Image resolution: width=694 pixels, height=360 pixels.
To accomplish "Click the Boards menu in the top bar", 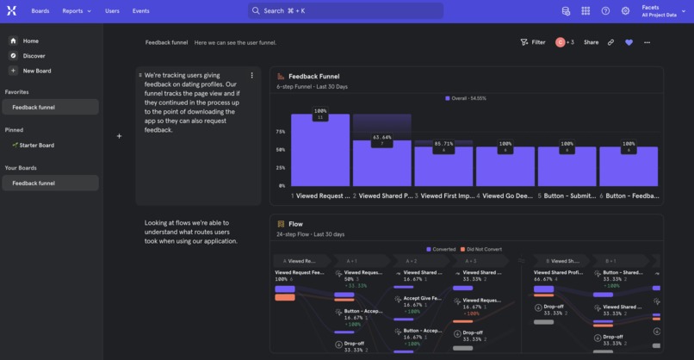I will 40,11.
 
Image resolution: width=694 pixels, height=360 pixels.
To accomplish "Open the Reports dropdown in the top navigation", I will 76,11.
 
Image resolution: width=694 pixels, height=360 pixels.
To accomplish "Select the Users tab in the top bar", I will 112,11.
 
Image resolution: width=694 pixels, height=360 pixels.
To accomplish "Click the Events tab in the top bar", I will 140,11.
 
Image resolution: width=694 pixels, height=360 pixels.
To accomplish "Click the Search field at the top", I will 345,11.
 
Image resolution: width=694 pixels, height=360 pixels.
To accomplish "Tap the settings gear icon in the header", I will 626,11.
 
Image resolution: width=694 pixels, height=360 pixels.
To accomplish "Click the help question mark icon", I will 605,11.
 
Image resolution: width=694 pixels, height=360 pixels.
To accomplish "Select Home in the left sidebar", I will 30,40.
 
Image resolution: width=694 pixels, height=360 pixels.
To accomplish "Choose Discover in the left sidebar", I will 34,56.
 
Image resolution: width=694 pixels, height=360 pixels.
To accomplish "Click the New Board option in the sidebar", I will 36,71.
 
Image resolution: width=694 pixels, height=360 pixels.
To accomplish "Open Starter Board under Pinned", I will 36,146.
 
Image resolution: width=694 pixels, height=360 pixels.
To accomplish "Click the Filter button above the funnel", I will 533,42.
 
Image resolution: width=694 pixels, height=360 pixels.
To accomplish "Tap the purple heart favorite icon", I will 629,42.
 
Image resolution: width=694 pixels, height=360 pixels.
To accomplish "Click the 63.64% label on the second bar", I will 381,137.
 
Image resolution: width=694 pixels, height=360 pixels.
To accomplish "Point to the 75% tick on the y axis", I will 280,132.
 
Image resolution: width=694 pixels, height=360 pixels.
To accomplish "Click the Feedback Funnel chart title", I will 313,77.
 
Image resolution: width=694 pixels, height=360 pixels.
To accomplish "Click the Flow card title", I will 295,224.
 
